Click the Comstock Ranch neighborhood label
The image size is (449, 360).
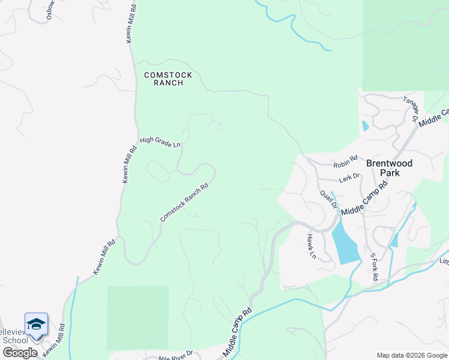(168, 79)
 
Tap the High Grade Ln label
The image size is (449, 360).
(160, 142)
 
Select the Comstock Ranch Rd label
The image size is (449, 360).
(184, 202)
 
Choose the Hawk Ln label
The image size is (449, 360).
(312, 246)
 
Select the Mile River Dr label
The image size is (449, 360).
(175, 356)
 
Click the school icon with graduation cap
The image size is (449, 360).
(36, 324)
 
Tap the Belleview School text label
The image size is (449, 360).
(14, 340)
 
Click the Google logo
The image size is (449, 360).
(19, 353)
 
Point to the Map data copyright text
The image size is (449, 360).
(411, 355)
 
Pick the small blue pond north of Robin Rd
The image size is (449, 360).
(365, 126)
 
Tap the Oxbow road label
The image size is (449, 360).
(51, 10)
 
